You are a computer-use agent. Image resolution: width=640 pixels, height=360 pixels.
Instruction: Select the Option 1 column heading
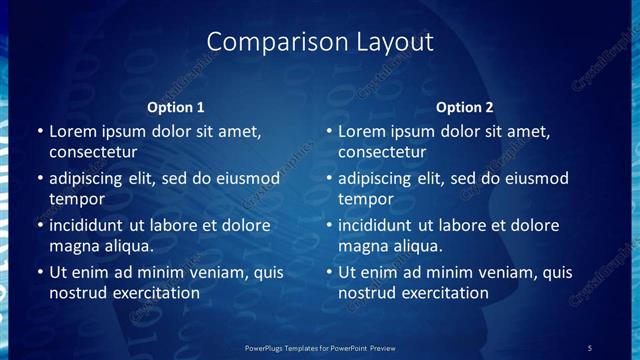(176, 107)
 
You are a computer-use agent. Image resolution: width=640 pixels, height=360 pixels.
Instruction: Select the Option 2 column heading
(465, 107)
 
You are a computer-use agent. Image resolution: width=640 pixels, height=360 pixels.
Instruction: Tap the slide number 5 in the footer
(589, 348)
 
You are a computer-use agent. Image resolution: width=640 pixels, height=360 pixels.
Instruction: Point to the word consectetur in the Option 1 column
(93, 153)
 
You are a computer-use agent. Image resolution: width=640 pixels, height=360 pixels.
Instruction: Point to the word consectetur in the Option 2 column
(382, 153)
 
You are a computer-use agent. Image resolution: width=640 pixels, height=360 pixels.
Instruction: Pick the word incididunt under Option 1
(89, 225)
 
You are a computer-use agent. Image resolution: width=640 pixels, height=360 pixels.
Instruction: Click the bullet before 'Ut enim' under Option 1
(40, 272)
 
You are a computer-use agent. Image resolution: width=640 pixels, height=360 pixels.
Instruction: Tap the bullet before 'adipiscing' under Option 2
(329, 179)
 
